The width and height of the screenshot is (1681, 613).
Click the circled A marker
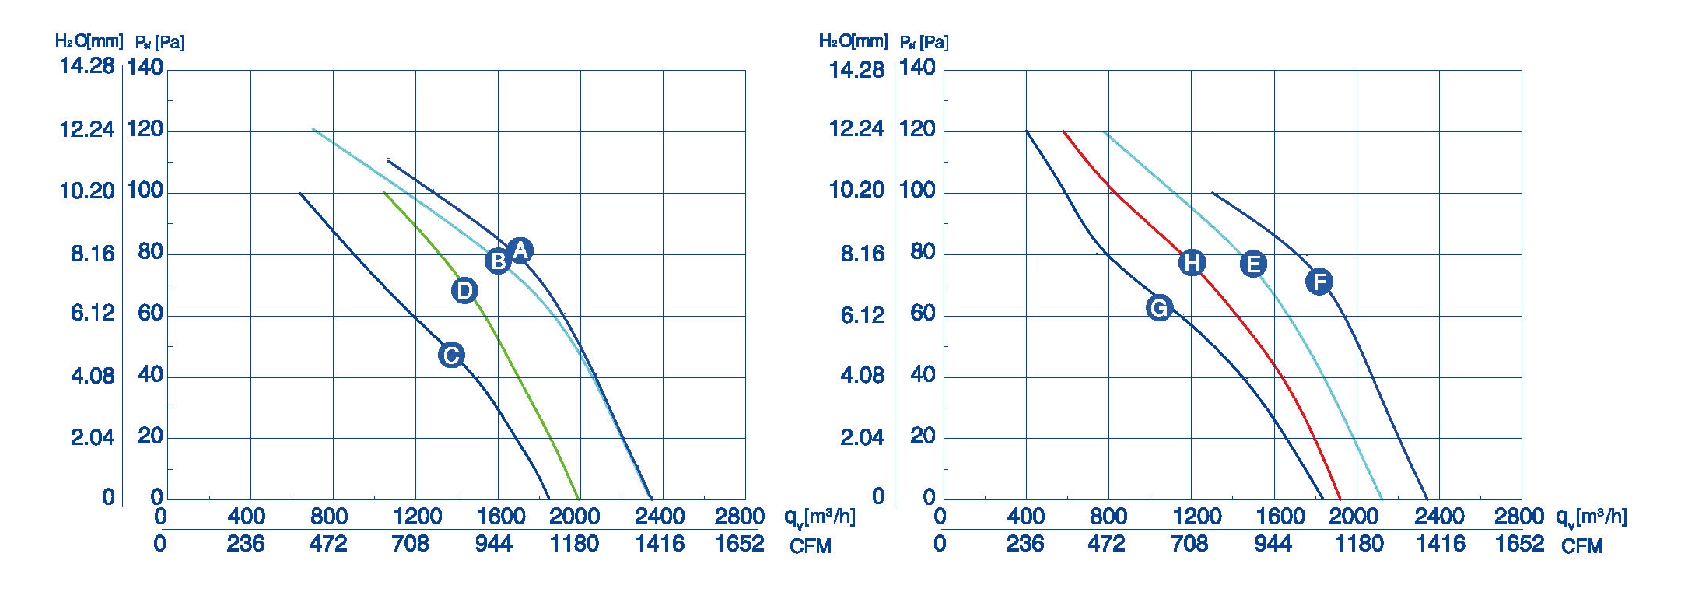pos(520,250)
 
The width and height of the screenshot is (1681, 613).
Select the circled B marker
pos(498,261)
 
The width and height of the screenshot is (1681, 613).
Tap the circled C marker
pos(451,355)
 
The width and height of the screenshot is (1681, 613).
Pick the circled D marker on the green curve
pos(464,290)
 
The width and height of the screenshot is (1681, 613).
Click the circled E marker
pos(1253,264)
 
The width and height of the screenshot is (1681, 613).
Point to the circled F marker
pos(1319,281)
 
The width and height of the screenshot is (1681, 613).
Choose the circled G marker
pos(1159,308)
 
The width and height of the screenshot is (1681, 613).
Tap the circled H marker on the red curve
pos(1192,263)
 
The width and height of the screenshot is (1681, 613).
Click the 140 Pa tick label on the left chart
pos(145,68)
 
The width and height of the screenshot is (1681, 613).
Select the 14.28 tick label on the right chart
pos(856,70)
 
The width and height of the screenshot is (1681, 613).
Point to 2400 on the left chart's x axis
pos(660,517)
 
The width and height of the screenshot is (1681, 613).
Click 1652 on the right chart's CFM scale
pos(1519,544)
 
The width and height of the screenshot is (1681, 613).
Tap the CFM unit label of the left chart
pos(811,546)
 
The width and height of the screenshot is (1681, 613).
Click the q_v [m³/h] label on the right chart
pos(1591,517)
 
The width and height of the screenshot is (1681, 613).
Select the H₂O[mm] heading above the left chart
pos(89,40)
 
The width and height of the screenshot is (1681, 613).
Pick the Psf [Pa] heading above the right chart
pos(924,42)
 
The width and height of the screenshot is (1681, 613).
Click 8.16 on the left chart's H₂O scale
pos(93,253)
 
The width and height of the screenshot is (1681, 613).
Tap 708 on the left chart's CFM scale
pos(411,544)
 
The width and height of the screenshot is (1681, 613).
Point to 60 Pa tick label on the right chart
pos(923,314)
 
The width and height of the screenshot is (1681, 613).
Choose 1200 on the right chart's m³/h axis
pos(1197,517)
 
